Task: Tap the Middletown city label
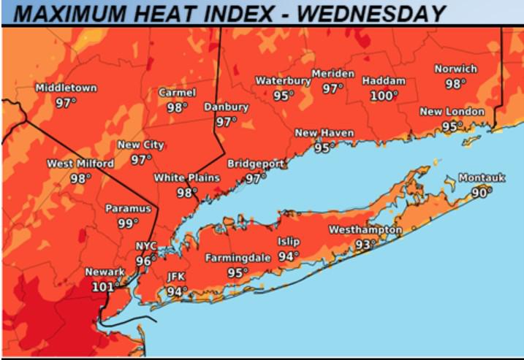(66, 88)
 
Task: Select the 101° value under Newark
(104, 286)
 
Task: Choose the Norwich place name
(455, 69)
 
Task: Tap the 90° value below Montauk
(481, 192)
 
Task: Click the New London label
(452, 112)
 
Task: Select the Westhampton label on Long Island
(365, 230)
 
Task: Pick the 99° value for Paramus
(128, 223)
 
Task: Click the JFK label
(177, 277)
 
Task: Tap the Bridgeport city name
(255, 164)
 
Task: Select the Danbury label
(226, 107)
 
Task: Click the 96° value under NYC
(146, 261)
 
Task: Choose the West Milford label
(80, 164)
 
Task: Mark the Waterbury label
(282, 81)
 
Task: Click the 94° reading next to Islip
(289, 256)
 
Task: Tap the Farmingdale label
(238, 258)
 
